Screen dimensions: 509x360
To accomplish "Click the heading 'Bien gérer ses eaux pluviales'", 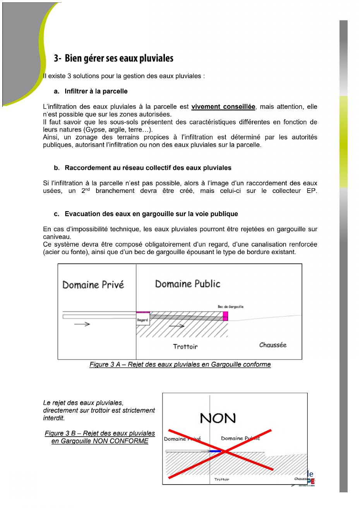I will [x=119, y=58].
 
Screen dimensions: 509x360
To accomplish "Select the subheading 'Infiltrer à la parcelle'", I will [x=96, y=91].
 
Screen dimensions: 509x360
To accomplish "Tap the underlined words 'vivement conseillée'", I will [x=223, y=107].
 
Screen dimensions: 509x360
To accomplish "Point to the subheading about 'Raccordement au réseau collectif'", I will [x=148, y=168].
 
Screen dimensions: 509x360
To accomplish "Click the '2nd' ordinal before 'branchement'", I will [x=85, y=191].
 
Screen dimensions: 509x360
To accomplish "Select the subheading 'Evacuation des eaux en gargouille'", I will [x=151, y=214].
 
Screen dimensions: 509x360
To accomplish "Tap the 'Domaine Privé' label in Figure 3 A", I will [x=93, y=285].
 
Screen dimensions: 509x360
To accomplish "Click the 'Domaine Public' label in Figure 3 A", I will [x=187, y=284].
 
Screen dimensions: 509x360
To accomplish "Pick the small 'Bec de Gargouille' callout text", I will [x=230, y=307].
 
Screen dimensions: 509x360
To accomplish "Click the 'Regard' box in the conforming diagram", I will [x=142, y=320].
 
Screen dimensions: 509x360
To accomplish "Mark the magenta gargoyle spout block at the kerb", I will [x=225, y=316].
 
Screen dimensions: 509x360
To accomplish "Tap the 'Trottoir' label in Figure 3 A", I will [x=185, y=347].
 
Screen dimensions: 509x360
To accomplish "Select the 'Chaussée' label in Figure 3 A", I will [x=273, y=345].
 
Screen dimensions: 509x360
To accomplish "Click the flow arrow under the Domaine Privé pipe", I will [x=82, y=324].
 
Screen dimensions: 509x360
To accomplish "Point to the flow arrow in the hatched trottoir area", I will [x=177, y=326].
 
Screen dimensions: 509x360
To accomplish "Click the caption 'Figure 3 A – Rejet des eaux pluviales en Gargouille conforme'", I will [x=180, y=365].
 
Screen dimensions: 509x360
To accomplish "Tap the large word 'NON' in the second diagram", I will [x=218, y=418].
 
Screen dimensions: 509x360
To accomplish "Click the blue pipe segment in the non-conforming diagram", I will [x=215, y=451].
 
